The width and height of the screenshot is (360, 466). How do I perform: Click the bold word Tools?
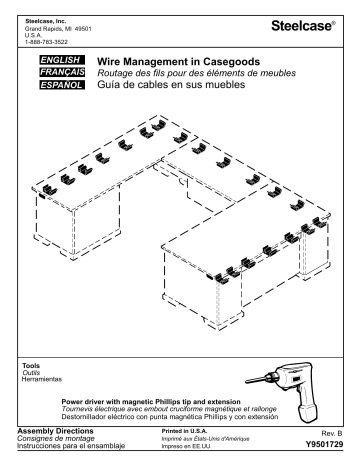coord(31,365)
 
